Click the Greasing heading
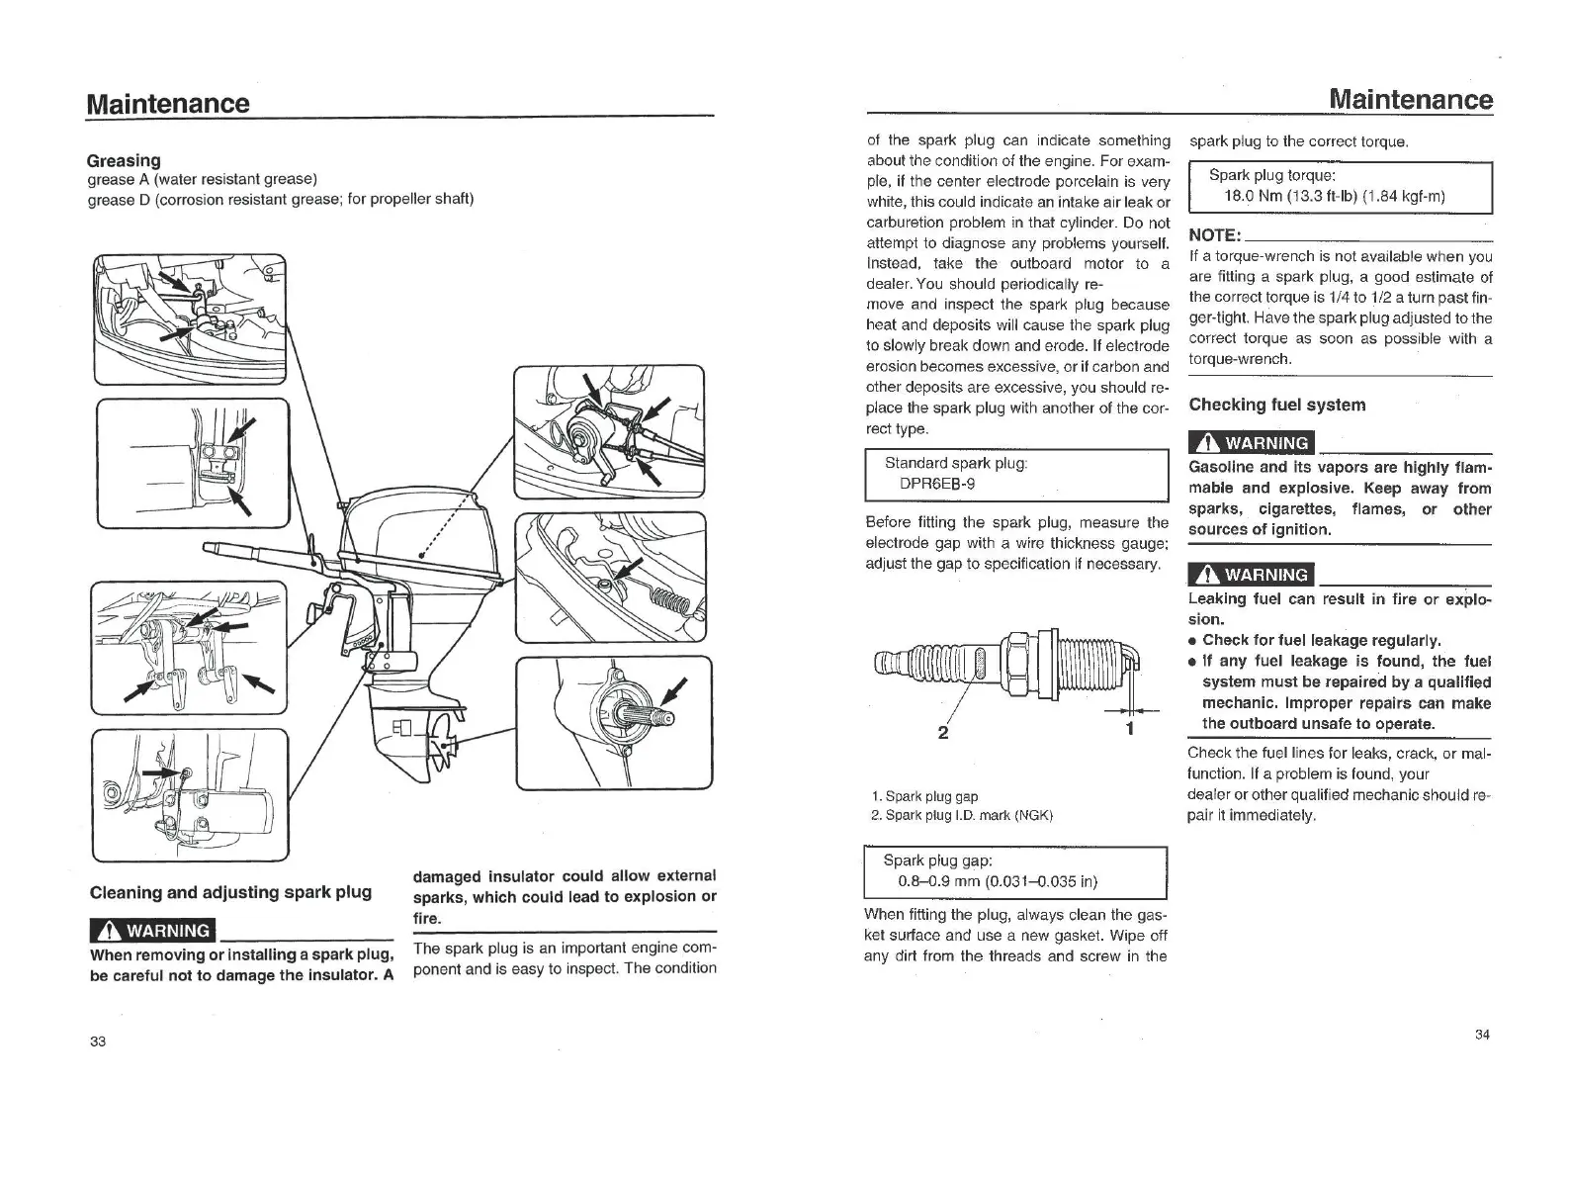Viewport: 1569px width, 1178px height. [x=124, y=160]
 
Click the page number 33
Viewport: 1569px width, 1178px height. [x=97, y=1042]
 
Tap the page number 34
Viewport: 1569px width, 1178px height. [x=1481, y=1035]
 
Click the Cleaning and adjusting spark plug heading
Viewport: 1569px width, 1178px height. [x=230, y=892]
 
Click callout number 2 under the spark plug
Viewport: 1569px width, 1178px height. [x=942, y=731]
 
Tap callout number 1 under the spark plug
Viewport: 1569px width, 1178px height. [x=1129, y=729]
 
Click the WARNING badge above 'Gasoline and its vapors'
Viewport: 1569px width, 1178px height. [x=1253, y=443]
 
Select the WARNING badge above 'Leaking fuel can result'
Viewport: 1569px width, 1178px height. [x=1253, y=575]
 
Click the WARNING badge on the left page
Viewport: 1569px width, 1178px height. [x=152, y=931]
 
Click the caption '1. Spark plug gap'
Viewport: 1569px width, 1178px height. [x=925, y=795]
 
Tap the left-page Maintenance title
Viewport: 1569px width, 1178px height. [x=168, y=103]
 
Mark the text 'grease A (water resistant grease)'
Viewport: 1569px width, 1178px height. [x=202, y=179]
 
